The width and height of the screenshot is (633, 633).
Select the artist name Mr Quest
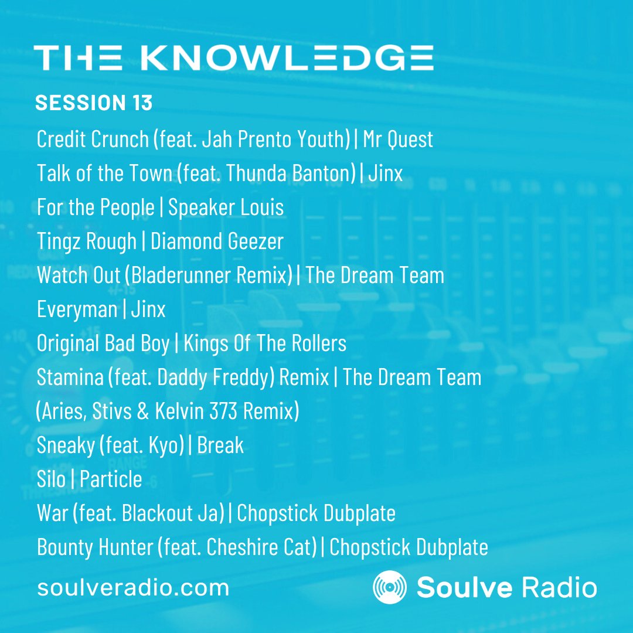398,139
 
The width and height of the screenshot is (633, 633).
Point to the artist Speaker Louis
226,207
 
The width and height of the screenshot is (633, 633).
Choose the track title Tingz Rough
86,241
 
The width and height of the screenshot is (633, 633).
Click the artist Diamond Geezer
217,241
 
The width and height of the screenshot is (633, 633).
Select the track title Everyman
77,309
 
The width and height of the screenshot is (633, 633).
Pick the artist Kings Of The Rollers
265,343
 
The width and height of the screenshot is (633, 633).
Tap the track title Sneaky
65,445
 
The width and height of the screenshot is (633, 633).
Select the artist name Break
220,445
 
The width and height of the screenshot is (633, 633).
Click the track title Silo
51,479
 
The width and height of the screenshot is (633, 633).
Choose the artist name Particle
111,479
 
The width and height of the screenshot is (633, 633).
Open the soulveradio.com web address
133,587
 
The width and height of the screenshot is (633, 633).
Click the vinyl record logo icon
390,587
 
